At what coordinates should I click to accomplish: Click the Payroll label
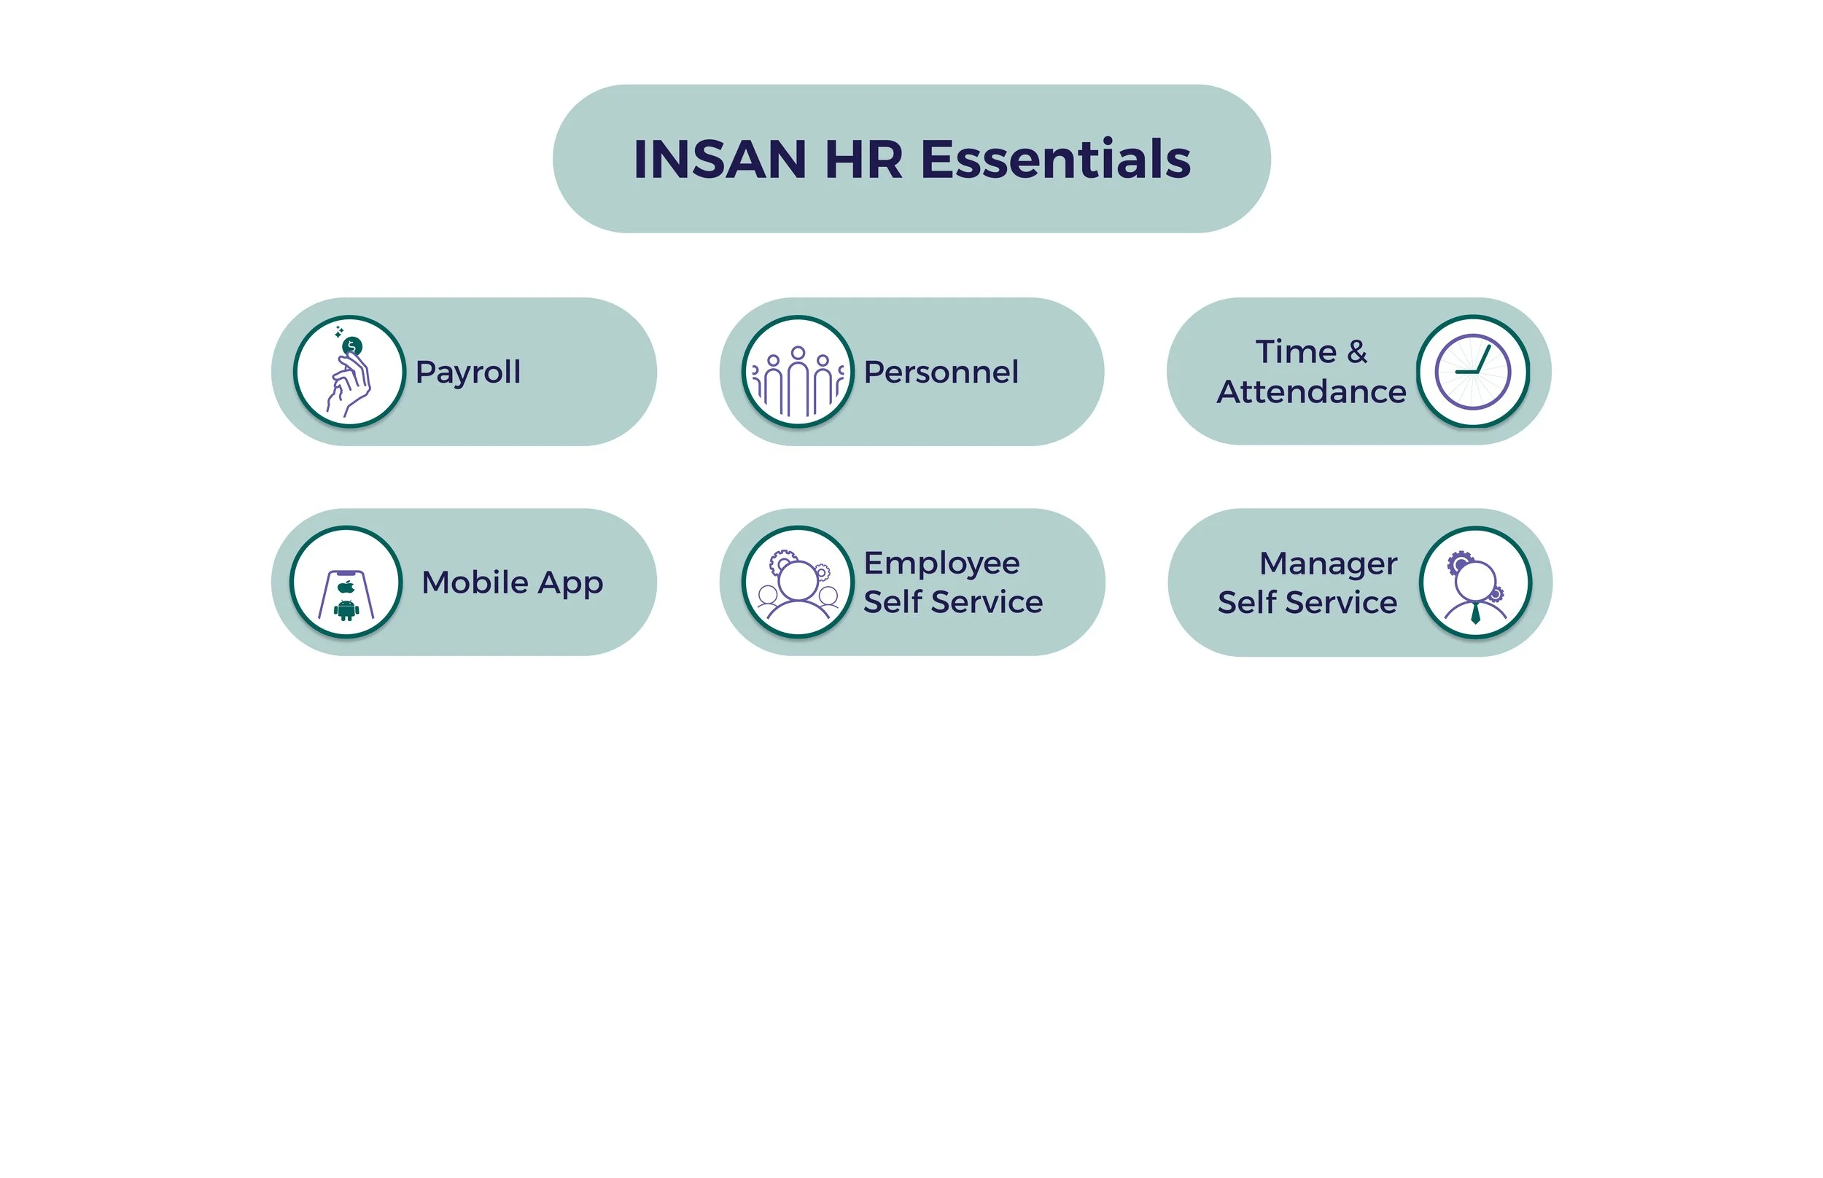[467, 372]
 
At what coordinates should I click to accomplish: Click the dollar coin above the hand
[352, 346]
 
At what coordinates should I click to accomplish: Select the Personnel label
[940, 372]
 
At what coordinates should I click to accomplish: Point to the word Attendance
[1310, 391]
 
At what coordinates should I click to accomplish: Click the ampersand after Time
[1356, 352]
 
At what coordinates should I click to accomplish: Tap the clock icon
[1472, 372]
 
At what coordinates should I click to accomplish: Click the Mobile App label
[512, 583]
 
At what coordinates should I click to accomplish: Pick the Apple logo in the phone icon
[346, 587]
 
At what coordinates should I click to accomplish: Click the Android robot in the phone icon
[346, 609]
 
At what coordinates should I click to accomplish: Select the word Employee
[941, 563]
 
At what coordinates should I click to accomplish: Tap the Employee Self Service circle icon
[797, 582]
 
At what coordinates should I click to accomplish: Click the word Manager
[1327, 563]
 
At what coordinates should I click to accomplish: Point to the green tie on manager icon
[1475, 613]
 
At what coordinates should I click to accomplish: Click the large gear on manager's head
[1460, 562]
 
